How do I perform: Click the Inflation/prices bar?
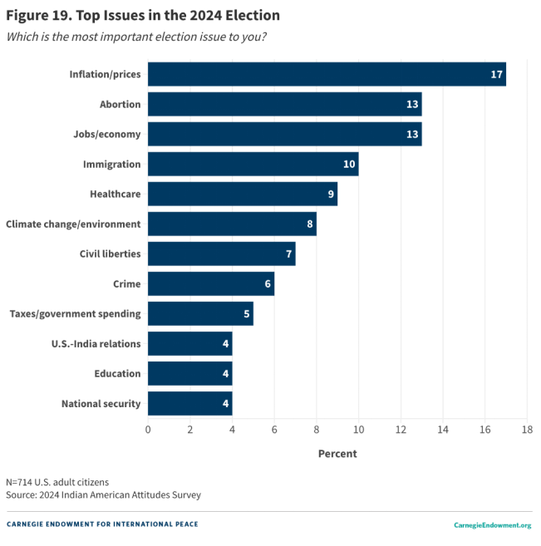point(327,74)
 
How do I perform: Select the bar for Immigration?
point(253,164)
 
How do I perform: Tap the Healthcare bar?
point(243,194)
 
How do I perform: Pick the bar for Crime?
point(211,283)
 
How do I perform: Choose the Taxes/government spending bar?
point(200,313)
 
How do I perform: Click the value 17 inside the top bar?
point(496,75)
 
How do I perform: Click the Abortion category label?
point(120,105)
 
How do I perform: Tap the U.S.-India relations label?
point(97,344)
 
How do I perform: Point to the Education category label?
point(117,374)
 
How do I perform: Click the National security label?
point(101,404)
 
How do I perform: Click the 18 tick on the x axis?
point(527,430)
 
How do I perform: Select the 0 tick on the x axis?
point(148,430)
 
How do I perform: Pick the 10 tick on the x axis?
point(358,430)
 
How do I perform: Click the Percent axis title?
point(337,454)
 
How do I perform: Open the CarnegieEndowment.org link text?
point(492,525)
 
